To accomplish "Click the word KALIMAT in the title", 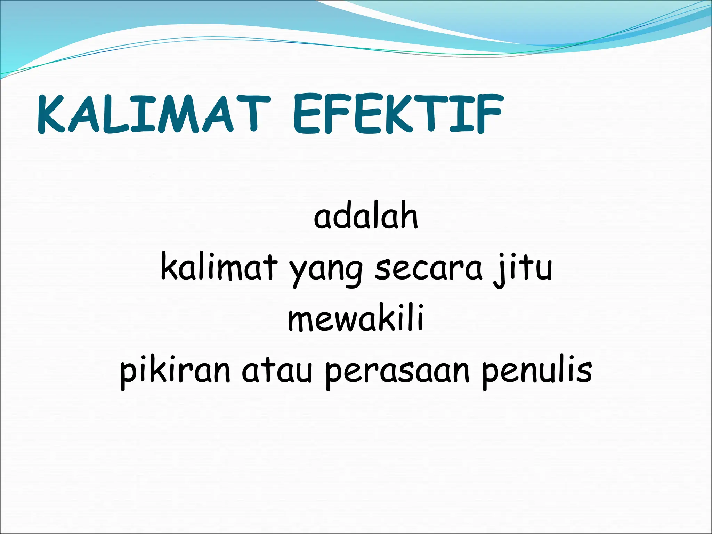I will click(153, 114).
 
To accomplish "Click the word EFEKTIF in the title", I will click(398, 114).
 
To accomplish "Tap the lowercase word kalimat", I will click(219, 268).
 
